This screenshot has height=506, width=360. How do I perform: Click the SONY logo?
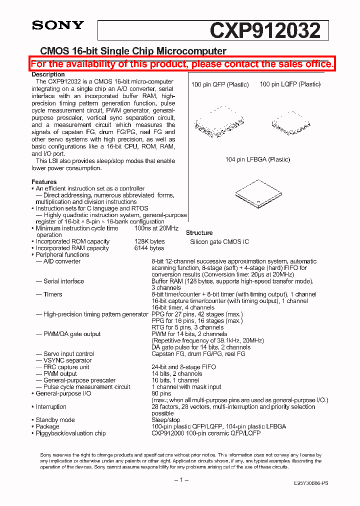57,25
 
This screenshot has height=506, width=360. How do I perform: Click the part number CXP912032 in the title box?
265,31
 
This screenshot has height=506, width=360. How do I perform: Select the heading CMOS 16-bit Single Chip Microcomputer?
133,51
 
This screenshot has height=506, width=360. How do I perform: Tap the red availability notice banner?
181,64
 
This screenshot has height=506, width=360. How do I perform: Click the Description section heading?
48,74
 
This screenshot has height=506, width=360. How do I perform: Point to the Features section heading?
44,182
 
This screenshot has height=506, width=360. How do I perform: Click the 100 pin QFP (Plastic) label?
219,84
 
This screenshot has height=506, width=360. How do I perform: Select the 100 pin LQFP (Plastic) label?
290,84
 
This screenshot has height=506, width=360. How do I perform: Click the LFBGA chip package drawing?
255,192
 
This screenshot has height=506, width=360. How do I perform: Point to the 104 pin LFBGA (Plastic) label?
257,159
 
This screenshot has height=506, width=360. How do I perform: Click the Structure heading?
199,233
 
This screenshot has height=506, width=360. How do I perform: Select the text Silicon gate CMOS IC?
219,242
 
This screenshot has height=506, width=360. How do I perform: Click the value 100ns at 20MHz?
156,228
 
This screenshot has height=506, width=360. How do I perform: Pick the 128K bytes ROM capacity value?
149,241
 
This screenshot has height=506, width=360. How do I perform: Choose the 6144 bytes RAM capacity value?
149,248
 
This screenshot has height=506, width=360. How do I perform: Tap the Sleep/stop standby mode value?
166,420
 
